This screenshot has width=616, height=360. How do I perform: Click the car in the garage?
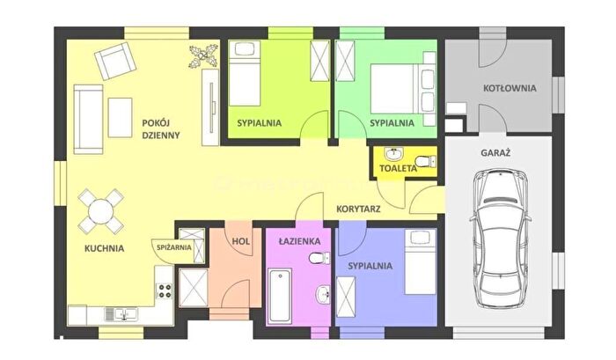click(x=501, y=239)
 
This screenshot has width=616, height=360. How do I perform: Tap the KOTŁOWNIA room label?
click(x=510, y=88)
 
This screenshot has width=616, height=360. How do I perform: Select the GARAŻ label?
click(x=495, y=153)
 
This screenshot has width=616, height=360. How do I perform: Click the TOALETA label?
click(x=398, y=169)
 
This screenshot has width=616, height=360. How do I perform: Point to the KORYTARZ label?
click(x=358, y=209)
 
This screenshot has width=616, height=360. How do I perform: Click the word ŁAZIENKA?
click(x=299, y=241)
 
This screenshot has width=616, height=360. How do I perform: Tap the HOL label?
click(x=241, y=241)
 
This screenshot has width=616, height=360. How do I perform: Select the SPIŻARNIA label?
click(x=174, y=247)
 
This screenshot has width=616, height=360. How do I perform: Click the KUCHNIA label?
click(x=105, y=248)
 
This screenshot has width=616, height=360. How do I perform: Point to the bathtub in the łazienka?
click(x=280, y=295)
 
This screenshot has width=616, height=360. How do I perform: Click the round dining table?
click(x=101, y=211)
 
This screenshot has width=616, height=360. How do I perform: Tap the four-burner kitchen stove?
click(x=165, y=290)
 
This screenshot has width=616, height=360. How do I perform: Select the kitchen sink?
click(x=121, y=314)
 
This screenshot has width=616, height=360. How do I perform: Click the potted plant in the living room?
click(x=203, y=56)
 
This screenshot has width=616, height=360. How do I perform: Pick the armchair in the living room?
click(x=115, y=61)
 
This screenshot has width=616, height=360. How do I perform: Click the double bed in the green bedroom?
click(x=403, y=88)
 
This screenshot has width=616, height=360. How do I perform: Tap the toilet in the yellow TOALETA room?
click(x=425, y=161)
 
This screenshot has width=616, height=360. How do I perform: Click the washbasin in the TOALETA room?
click(x=393, y=154)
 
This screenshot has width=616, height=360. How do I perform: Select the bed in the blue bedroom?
click(x=421, y=261)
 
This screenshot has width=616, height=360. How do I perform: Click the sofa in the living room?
click(x=88, y=119)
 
